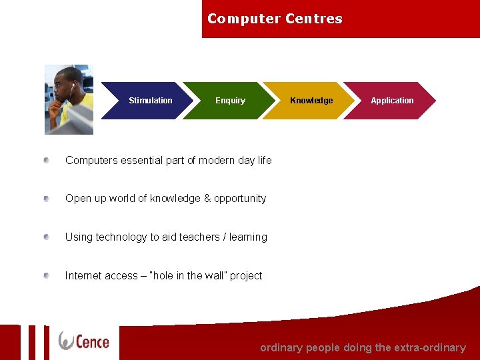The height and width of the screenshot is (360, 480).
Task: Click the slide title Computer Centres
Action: click(275, 19)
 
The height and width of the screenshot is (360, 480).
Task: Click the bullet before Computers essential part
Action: click(47, 160)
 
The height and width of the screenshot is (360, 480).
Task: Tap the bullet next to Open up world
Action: click(47, 199)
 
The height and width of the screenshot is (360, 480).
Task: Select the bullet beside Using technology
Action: click(47, 237)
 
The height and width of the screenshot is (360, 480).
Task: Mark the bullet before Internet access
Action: click(47, 275)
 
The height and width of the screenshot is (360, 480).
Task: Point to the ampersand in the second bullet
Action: click(207, 199)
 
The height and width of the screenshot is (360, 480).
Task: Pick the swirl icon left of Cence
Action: click(67, 341)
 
